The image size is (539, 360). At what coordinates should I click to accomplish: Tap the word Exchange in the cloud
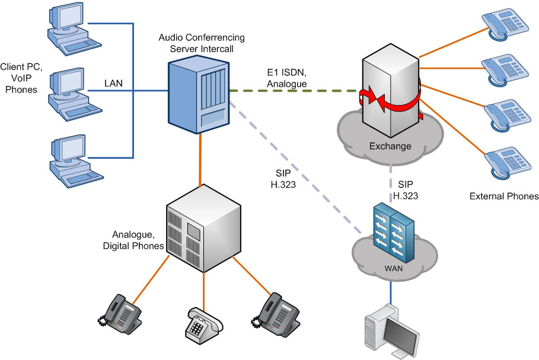[x=390, y=146]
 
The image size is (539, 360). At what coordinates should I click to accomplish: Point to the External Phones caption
[x=503, y=196]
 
